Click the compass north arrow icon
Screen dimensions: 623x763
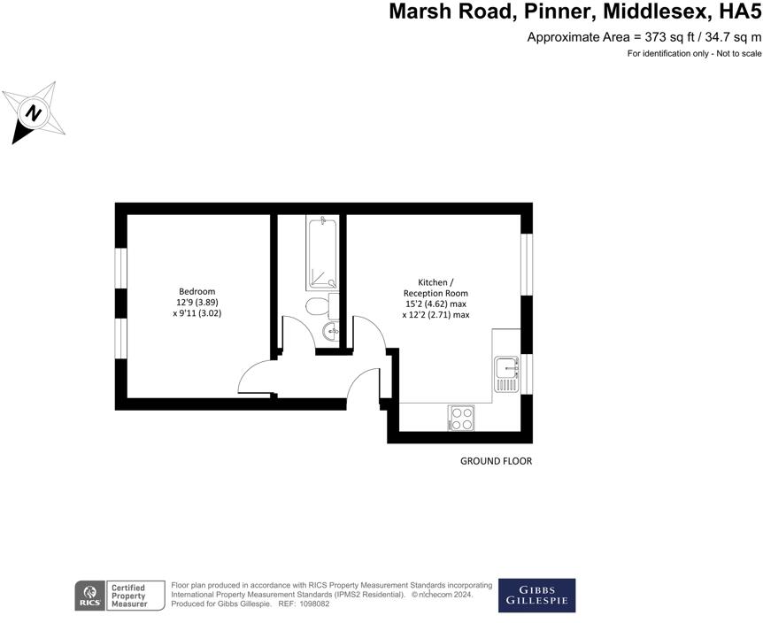tap(35, 112)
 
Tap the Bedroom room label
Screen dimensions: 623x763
tap(197, 291)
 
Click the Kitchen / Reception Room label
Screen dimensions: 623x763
tap(435, 287)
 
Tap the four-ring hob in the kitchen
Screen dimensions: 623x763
tap(461, 418)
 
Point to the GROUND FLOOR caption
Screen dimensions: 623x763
tap(496, 461)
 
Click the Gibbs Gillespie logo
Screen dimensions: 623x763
tap(536, 595)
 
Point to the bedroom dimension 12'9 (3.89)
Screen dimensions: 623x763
tap(197, 302)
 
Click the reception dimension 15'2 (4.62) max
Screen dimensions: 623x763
tap(435, 304)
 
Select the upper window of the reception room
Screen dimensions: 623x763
tap(527, 264)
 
